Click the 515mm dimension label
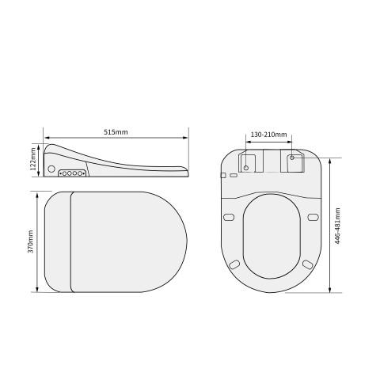click(x=116, y=132)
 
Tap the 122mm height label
click(x=33, y=159)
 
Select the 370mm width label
click(x=31, y=241)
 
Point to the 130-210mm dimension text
click(x=268, y=135)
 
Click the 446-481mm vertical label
click(x=337, y=226)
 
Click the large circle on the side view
click(x=51, y=169)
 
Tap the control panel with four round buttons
click(x=72, y=173)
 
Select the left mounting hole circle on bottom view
click(x=246, y=168)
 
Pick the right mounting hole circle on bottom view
click(x=292, y=158)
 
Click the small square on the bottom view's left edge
click(x=223, y=175)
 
